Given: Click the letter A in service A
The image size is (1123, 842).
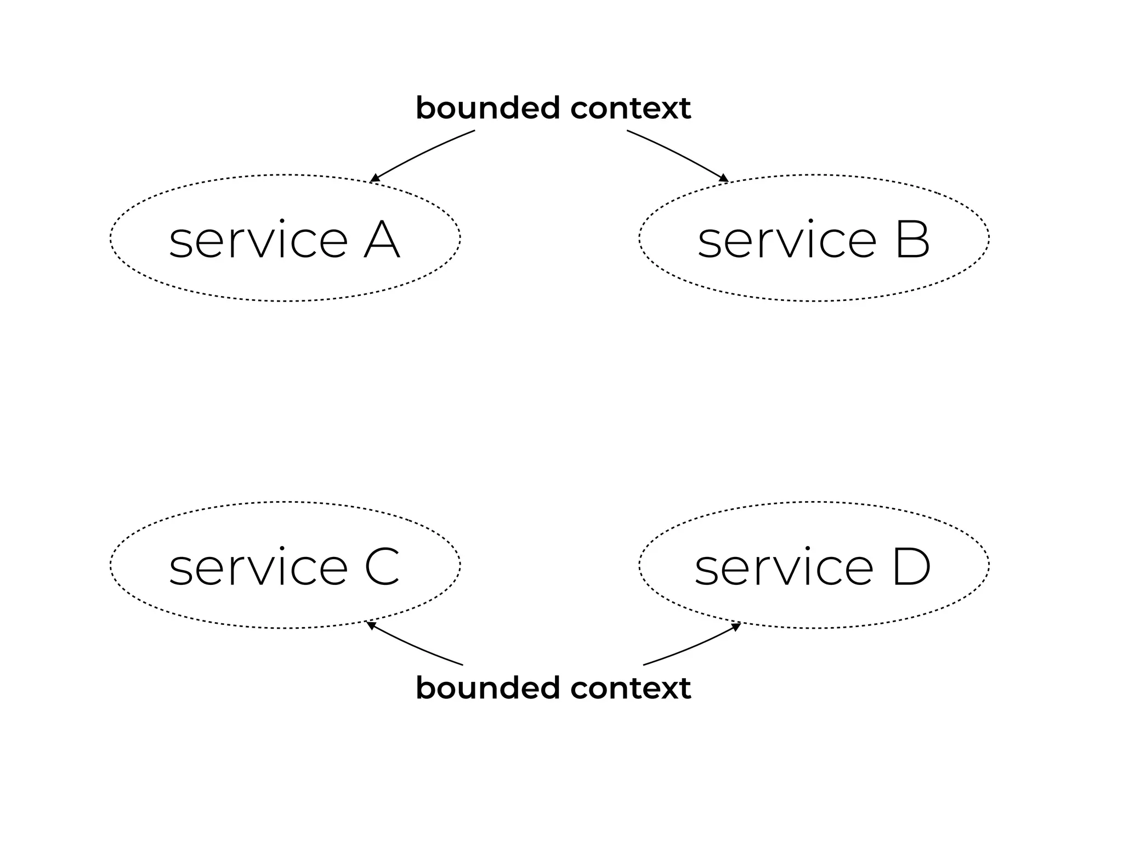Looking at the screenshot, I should coord(382,240).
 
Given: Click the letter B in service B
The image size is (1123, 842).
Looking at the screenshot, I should coord(912,240).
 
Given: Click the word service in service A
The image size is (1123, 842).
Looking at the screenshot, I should coord(258,241).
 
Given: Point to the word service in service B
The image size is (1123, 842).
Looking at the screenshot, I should coord(787,241).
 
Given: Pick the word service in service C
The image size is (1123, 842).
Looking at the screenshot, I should coord(258,568).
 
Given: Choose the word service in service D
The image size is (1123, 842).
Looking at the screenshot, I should coord(784,568).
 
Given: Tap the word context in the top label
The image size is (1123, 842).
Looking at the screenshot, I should coord(631,109).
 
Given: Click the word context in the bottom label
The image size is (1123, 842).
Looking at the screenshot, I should coord(631,689).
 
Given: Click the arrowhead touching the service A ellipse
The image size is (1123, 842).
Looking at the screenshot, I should coord(375,178).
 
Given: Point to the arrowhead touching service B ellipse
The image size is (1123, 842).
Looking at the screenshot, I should coord(724,178).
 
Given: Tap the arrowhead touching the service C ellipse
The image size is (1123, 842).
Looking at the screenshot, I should coord(371,625).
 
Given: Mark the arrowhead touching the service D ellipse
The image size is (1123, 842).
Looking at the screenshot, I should coord(736,627).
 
